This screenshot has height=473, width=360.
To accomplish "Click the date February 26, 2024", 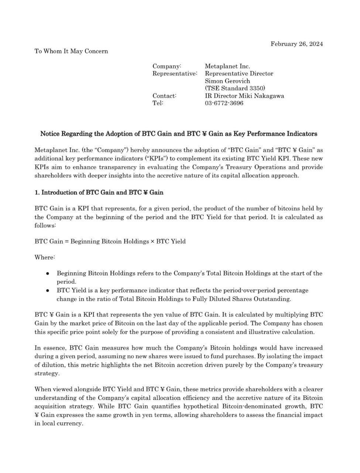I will pyautogui.click(x=296, y=44).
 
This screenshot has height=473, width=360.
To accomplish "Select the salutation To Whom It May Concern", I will pyautogui.click(x=71, y=51).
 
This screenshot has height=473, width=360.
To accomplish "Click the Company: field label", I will pyautogui.click(x=167, y=66).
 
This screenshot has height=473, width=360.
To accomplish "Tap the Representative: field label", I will pyautogui.click(x=175, y=74).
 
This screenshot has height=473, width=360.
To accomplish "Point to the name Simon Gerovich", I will pyautogui.click(x=227, y=81).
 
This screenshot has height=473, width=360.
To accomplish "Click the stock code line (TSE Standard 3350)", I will pyautogui.click(x=235, y=88).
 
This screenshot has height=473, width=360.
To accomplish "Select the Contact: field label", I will pyautogui.click(x=164, y=96).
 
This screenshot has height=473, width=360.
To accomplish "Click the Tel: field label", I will pyautogui.click(x=158, y=103).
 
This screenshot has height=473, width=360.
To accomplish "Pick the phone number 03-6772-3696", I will pyautogui.click(x=224, y=103).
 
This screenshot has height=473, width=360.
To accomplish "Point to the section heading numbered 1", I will pyautogui.click(x=99, y=193).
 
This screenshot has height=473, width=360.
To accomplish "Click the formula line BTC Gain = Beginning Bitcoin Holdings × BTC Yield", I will pyautogui.click(x=110, y=242).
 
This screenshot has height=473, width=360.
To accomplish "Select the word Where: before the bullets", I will pyautogui.click(x=45, y=257).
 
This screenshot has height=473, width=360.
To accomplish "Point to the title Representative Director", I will pyautogui.click(x=239, y=74).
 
